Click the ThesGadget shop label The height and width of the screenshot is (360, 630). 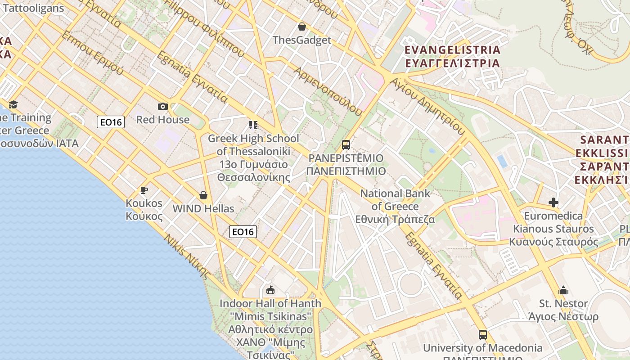point(301,40)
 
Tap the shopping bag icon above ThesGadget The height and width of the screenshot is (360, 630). point(302,27)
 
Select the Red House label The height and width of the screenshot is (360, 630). point(163,120)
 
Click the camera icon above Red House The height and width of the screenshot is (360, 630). point(163,107)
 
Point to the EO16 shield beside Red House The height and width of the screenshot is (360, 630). point(111,122)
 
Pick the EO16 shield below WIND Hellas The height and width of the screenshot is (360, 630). point(243,232)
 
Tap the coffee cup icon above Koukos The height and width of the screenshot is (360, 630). point(144,190)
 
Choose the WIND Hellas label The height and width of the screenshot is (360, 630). point(203,209)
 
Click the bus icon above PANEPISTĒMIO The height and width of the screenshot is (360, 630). point(346,145)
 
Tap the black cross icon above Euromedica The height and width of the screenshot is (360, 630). point(553,202)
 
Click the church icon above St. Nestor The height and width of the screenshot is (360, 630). point(563,290)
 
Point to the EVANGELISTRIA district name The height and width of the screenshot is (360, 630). point(452,49)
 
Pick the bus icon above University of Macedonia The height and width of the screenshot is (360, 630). point(483,335)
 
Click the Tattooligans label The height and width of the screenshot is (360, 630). point(33,8)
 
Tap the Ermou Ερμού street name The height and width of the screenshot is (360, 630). point(92,53)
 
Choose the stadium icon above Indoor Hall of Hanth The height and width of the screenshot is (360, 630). point(270,290)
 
